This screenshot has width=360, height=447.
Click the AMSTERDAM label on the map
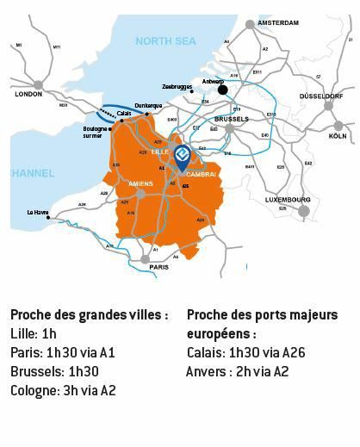(x=278, y=22)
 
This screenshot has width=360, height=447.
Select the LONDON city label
(x=28, y=94)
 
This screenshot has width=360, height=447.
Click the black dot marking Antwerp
(x=222, y=90)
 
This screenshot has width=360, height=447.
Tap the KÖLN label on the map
(x=338, y=136)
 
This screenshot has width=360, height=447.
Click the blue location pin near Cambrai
(x=182, y=155)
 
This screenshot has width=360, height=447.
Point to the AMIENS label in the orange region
(x=140, y=183)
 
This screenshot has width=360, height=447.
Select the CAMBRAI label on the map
(x=201, y=174)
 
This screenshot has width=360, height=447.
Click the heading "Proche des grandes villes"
(x=90, y=315)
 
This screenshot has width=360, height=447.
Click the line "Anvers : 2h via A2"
(x=238, y=372)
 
